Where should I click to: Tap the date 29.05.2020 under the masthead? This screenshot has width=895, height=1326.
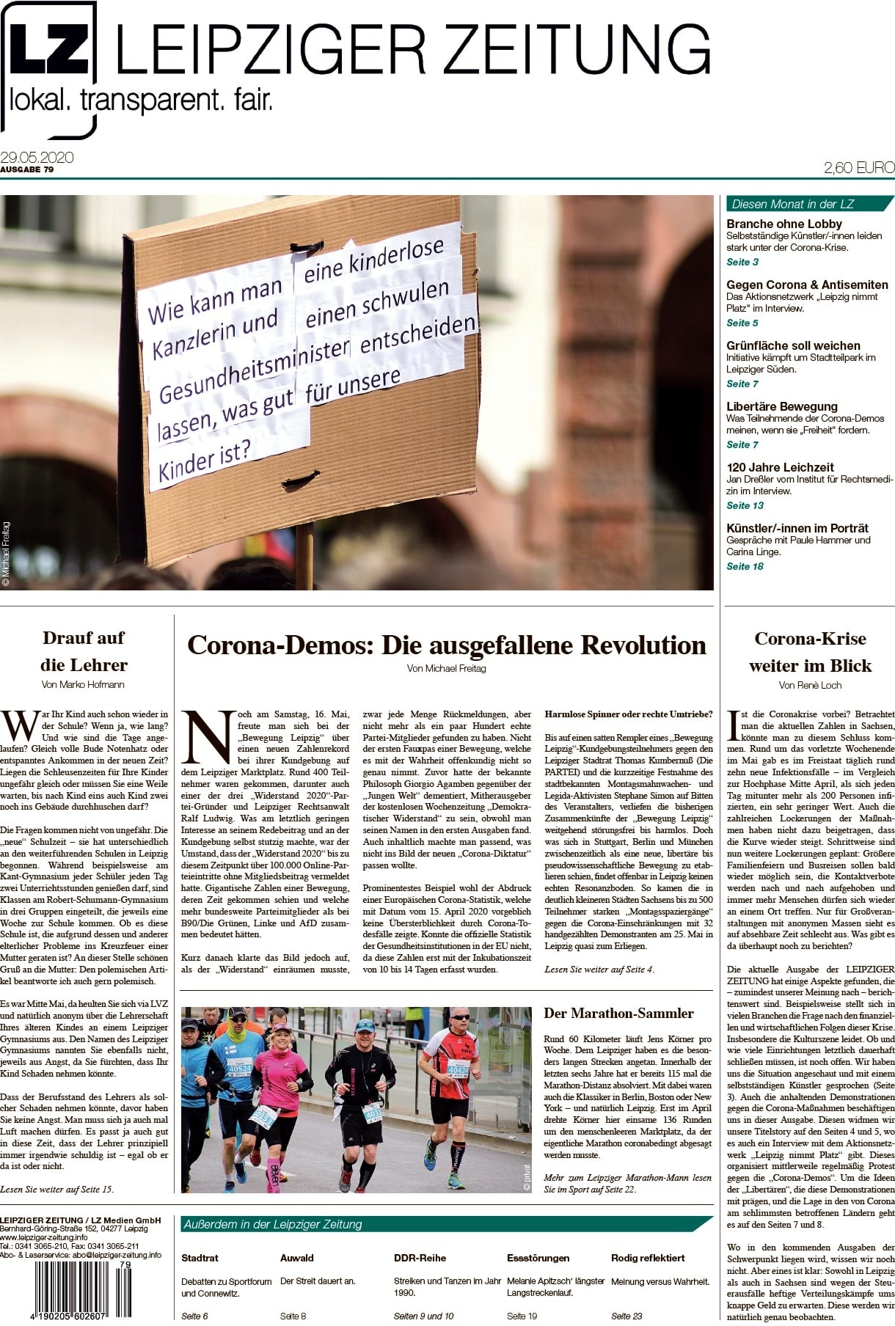[x=37, y=158]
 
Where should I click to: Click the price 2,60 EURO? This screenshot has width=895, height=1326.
[x=858, y=168]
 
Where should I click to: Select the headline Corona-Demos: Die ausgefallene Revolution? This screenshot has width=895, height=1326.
[x=446, y=645]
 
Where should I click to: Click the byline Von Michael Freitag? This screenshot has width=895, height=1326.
[x=446, y=668]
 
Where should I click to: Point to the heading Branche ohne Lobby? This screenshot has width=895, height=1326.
[x=783, y=224]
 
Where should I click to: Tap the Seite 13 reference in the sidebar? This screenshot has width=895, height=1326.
[x=745, y=505]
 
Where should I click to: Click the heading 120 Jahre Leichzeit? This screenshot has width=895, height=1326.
[x=781, y=467]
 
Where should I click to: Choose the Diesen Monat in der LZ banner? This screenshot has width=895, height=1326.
[x=807, y=204]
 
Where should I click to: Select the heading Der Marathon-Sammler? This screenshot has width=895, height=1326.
[x=618, y=1014]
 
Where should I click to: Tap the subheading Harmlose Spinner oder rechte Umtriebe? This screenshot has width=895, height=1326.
[x=628, y=714]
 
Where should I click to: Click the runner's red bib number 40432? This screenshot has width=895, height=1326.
[x=457, y=1072]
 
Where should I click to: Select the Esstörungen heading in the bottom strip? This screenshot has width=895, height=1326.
[x=538, y=1258]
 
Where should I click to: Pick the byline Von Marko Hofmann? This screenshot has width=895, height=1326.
[x=83, y=684]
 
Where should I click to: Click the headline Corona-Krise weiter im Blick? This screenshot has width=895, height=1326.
[x=810, y=652]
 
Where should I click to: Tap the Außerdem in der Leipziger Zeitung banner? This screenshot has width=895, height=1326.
[x=440, y=1224]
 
